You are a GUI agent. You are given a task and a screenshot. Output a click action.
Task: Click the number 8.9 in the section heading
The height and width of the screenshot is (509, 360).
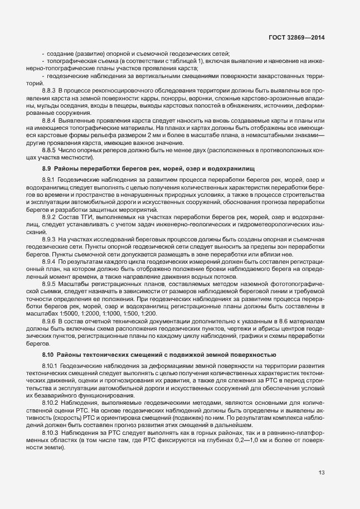tap(47, 168)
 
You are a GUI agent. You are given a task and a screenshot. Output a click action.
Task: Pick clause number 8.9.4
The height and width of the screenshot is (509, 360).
tap(50, 261)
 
